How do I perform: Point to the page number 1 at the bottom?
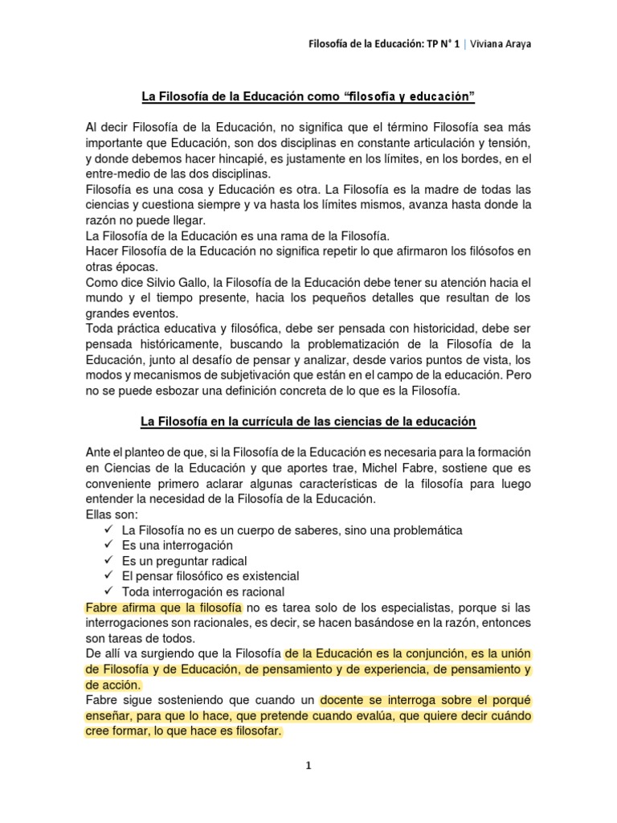[308, 766]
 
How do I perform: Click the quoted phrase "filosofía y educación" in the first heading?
[410, 97]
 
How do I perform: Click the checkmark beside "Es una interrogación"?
[108, 546]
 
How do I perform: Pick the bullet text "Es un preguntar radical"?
[184, 561]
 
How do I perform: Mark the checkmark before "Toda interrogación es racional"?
[108, 592]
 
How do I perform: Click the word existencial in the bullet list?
[264, 576]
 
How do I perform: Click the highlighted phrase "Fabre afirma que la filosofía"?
[163, 607]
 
